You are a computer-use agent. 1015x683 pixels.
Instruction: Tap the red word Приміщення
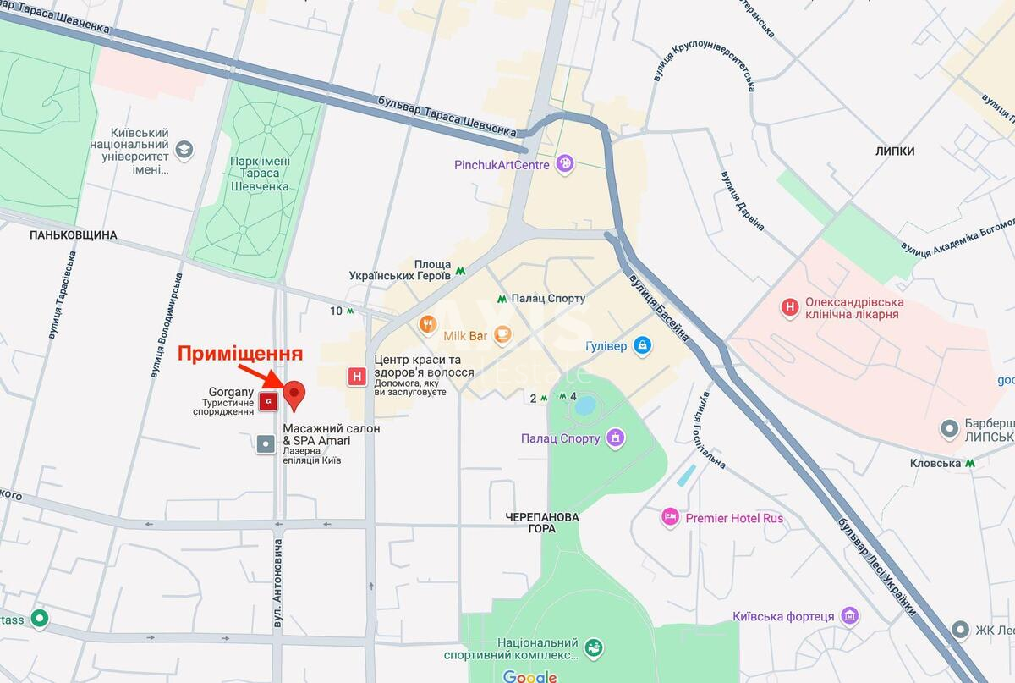(239, 354)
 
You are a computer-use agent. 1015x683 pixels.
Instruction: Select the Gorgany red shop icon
(268, 401)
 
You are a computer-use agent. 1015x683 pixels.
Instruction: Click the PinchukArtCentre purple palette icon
(564, 164)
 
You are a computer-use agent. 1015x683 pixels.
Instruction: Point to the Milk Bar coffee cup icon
(502, 335)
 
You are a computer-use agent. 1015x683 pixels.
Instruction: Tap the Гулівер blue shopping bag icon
(643, 345)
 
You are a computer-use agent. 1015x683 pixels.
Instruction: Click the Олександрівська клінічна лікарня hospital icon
(790, 307)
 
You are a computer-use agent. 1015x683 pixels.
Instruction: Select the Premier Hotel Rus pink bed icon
(670, 517)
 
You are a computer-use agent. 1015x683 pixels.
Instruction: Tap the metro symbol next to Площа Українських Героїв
(460, 270)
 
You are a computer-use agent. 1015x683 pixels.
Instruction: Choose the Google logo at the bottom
(530, 675)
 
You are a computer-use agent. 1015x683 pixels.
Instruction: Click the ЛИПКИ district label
(895, 151)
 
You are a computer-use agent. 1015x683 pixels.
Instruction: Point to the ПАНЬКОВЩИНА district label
(73, 234)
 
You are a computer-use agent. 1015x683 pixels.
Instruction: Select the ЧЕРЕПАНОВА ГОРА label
(541, 522)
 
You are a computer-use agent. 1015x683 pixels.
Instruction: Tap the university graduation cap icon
(184, 151)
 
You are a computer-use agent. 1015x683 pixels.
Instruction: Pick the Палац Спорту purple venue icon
(616, 438)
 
